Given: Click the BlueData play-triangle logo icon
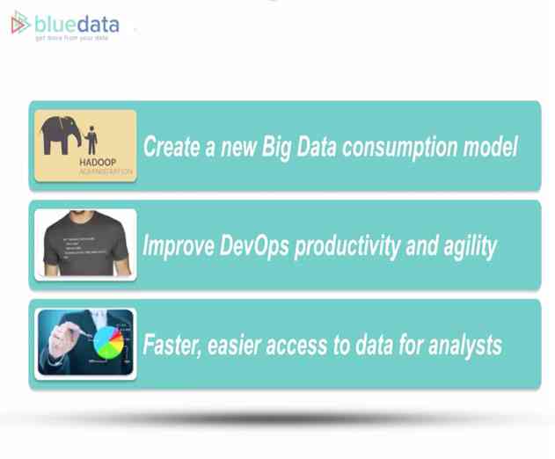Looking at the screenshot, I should click(20, 24).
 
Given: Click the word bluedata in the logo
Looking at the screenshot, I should click(77, 23).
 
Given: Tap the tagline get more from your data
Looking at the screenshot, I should click(72, 39).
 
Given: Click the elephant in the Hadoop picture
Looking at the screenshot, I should click(62, 133).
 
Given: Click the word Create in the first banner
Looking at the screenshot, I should click(173, 146).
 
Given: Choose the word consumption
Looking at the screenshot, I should click(404, 147).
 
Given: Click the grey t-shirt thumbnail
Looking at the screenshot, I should click(85, 244).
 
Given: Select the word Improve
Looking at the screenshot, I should click(179, 246).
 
